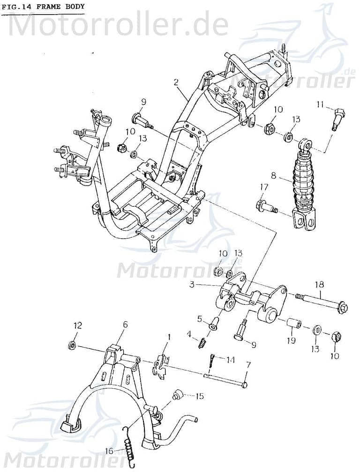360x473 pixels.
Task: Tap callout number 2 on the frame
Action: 176,82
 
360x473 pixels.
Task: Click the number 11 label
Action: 320,104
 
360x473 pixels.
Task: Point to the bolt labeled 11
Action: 338,118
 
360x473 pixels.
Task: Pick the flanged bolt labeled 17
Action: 266,206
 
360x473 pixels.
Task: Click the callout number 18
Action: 319,284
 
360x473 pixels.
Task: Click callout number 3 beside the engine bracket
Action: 193,285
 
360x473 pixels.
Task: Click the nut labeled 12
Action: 72,346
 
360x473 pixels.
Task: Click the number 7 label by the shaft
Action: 248,364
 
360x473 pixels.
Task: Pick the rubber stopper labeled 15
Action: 178,395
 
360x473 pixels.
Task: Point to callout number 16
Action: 109,451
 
